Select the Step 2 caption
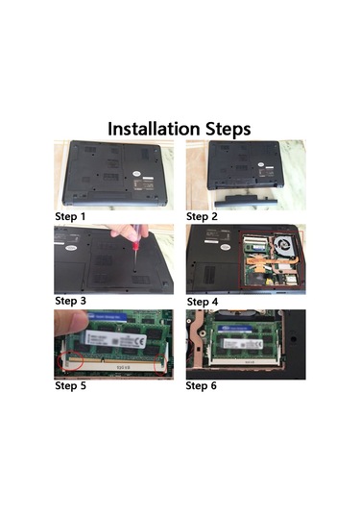[203, 216]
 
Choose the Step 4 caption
[203, 301]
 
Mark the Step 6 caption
[203, 386]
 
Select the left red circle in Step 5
[70, 360]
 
